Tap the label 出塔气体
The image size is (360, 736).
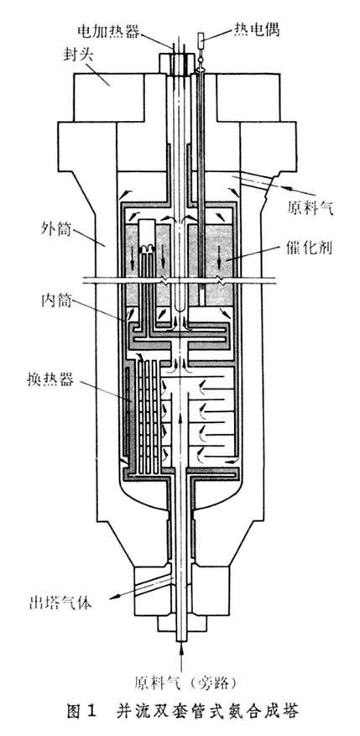click(55, 601)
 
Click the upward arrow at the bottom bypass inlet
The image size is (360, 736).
click(180, 646)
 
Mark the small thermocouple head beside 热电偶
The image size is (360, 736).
click(204, 38)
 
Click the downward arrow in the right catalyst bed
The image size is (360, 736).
click(222, 252)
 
